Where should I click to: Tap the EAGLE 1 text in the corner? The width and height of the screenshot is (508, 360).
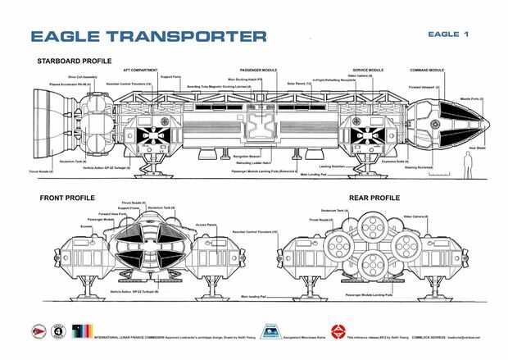click(447, 34)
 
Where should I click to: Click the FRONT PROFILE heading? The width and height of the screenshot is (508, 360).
click(66, 198)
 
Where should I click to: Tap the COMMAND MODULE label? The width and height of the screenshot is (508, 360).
click(426, 71)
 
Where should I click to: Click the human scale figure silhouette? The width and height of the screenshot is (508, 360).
click(468, 166)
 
